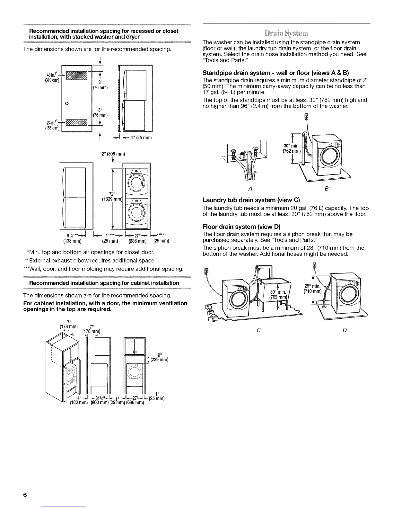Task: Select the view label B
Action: (326, 189)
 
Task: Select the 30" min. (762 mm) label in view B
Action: (291, 149)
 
